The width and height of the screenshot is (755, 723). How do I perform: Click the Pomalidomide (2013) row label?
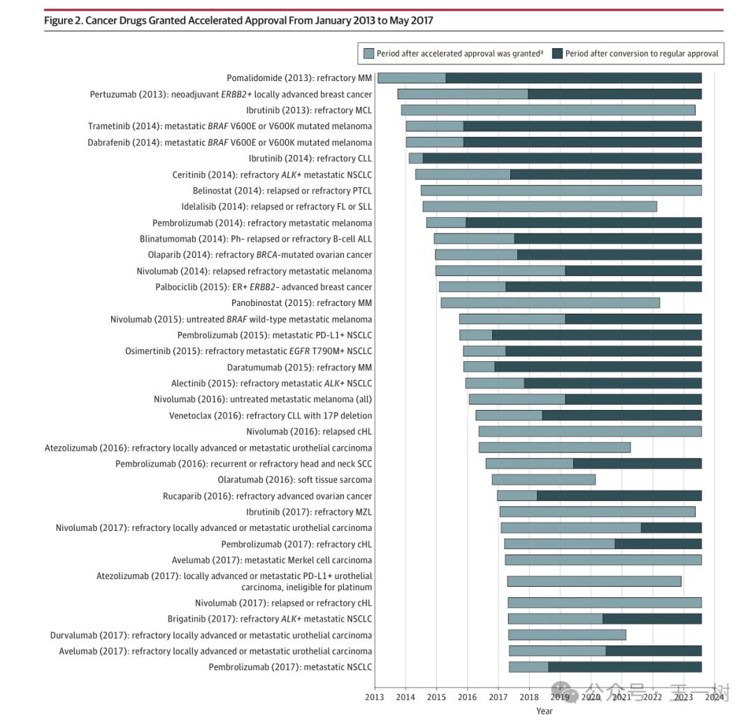point(299,78)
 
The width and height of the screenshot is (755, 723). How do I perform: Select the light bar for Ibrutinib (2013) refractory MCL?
point(548,110)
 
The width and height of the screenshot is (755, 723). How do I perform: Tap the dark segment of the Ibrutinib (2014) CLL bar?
point(561,159)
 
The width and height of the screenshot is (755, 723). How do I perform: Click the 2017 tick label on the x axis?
point(498,696)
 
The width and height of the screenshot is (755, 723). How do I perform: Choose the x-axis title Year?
point(544,711)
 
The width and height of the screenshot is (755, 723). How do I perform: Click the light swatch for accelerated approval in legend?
point(368,54)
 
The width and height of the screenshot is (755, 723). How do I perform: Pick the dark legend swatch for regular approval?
point(557,54)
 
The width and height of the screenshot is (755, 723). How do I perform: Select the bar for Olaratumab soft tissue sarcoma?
point(544,480)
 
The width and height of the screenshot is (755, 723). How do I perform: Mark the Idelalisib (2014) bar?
point(540,207)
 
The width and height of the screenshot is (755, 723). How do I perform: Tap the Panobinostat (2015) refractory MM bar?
point(550,303)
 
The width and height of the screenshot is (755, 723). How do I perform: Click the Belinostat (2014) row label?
point(282,191)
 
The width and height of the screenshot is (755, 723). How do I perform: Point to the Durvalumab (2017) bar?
point(567,635)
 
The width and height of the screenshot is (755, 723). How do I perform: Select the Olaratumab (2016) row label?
point(294,480)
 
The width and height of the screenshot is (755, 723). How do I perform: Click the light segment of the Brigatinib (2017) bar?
point(555,619)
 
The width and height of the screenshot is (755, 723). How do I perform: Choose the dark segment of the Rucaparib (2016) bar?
point(619,496)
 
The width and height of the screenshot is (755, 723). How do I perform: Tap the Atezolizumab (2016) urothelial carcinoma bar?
point(554,448)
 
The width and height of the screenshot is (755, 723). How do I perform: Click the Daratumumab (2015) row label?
point(299,367)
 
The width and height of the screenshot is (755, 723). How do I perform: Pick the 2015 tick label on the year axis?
point(436,696)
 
